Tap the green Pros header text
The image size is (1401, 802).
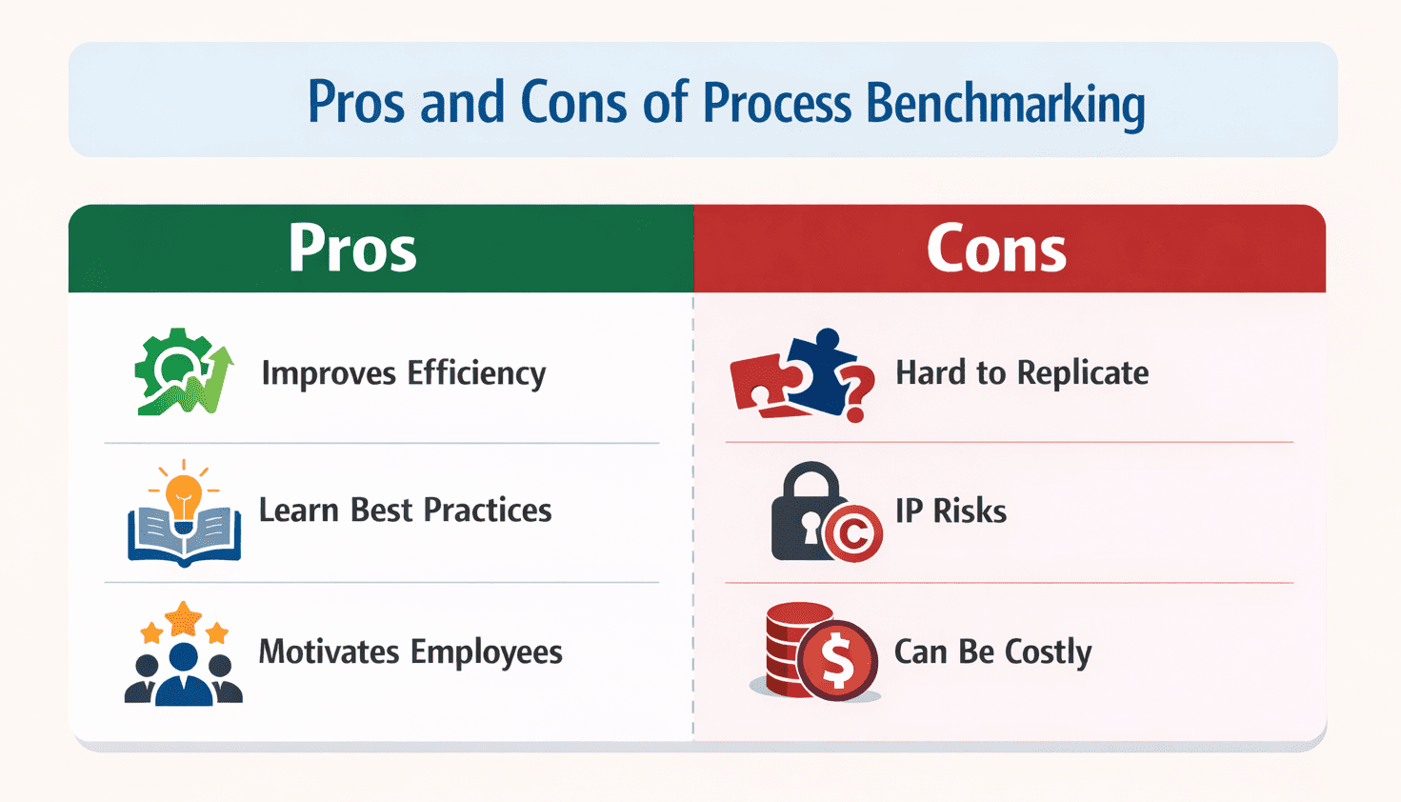pyautogui.click(x=352, y=249)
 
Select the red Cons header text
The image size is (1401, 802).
pyautogui.click(x=996, y=249)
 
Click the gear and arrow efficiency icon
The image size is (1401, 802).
pyautogui.click(x=184, y=371)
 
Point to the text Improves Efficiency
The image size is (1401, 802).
pyautogui.click(x=404, y=373)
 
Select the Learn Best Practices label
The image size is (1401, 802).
pyautogui.click(x=406, y=510)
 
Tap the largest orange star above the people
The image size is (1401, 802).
pyautogui.click(x=183, y=619)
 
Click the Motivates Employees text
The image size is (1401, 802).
pyautogui.click(x=410, y=652)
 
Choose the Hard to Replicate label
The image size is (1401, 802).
pyautogui.click(x=1022, y=373)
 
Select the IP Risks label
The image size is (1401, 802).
pyautogui.click(x=951, y=511)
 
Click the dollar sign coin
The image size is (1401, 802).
pyautogui.click(x=837, y=659)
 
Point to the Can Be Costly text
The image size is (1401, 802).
pyautogui.click(x=993, y=652)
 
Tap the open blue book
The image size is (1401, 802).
pyautogui.click(x=184, y=537)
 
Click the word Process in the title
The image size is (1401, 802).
pyautogui.click(x=777, y=103)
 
